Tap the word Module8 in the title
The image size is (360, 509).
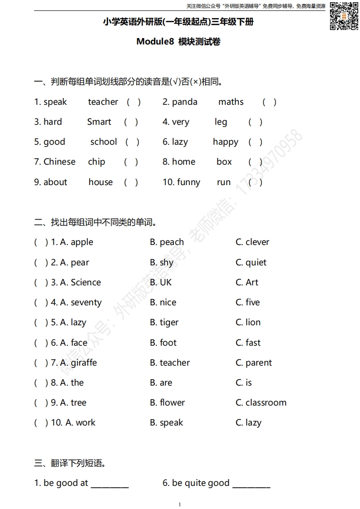pos(155,42)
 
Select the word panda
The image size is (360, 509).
pos(185,102)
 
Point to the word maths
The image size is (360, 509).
pos(231,102)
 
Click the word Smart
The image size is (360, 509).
pos(99,122)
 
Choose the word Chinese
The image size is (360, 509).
pos(59,162)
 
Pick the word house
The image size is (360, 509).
pos(100,182)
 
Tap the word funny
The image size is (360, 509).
pos(188,182)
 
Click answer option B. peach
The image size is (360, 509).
pos(167,242)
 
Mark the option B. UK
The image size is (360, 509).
pos(161,282)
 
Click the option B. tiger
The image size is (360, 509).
pos(164,323)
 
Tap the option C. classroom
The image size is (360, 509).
pos(261,403)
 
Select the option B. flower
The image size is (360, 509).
pos(167,403)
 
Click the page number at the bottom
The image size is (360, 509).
pos(180,504)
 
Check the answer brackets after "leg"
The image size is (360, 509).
pos(255,122)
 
